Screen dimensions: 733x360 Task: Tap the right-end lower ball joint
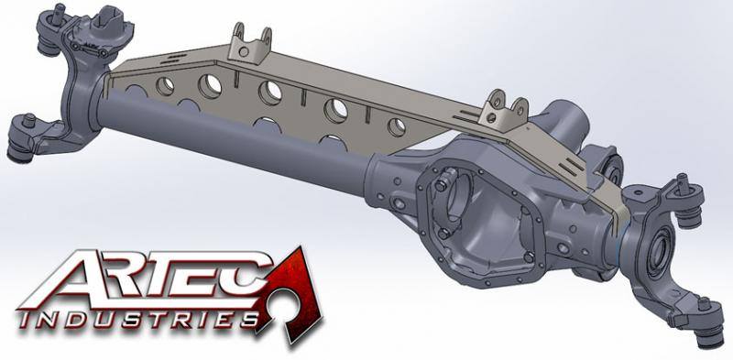coord(711,331)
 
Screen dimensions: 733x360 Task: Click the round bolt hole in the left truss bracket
coord(244,51)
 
